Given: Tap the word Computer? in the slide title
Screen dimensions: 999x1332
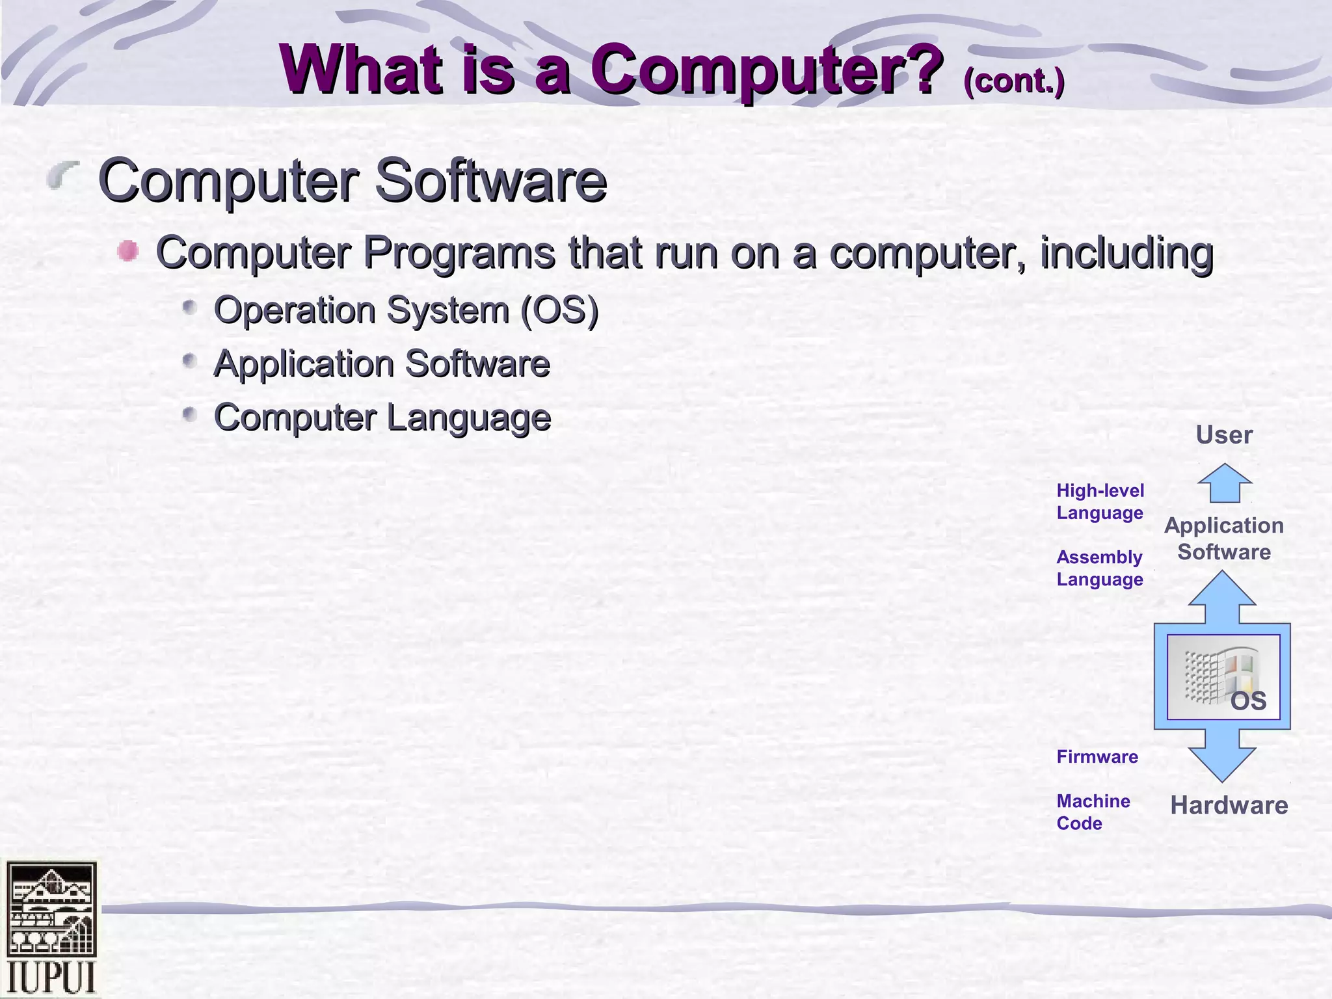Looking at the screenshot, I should (x=767, y=70).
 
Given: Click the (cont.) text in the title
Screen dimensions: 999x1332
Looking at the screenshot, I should (x=1013, y=81).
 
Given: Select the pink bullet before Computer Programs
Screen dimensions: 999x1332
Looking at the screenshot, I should (x=128, y=251).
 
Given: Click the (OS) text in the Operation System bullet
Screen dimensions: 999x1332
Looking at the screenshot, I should (x=559, y=310).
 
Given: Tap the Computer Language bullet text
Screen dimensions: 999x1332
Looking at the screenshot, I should (x=382, y=418).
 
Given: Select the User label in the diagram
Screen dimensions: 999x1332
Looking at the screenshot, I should (x=1224, y=435).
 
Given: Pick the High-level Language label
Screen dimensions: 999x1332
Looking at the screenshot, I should (x=1100, y=501).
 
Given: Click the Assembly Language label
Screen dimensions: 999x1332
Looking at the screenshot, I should (x=1100, y=568).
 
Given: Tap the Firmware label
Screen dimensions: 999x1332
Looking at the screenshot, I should (x=1097, y=756).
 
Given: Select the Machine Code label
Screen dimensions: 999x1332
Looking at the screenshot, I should (x=1093, y=812).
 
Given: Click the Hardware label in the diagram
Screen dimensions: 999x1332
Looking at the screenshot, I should (x=1229, y=805).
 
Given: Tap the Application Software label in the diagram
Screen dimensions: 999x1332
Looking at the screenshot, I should (x=1224, y=539).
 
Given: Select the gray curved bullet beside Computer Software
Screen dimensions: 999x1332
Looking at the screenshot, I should (x=63, y=175).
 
